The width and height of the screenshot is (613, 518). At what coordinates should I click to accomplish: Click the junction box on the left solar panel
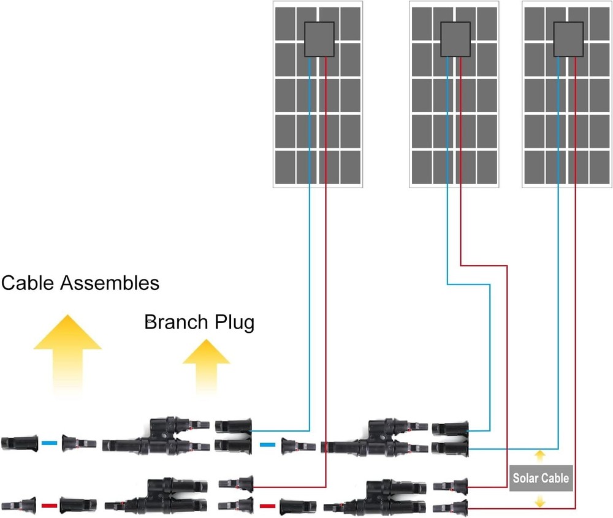click(319, 40)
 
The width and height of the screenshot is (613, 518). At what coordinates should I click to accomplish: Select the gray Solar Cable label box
click(541, 478)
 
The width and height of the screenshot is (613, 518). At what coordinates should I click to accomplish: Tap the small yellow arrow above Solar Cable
click(539, 455)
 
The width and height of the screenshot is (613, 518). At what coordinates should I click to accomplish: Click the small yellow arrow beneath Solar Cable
click(539, 501)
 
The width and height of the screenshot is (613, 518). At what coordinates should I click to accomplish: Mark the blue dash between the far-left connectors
click(50, 443)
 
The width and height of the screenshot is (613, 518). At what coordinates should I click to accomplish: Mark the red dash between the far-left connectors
click(50, 506)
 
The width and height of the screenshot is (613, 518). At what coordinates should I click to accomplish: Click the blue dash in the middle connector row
click(267, 445)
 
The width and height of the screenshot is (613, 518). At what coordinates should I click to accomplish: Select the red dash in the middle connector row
click(267, 506)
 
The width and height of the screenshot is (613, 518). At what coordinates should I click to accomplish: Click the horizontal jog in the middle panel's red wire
click(484, 265)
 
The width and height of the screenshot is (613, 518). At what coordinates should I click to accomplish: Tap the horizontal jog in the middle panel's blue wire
click(469, 284)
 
